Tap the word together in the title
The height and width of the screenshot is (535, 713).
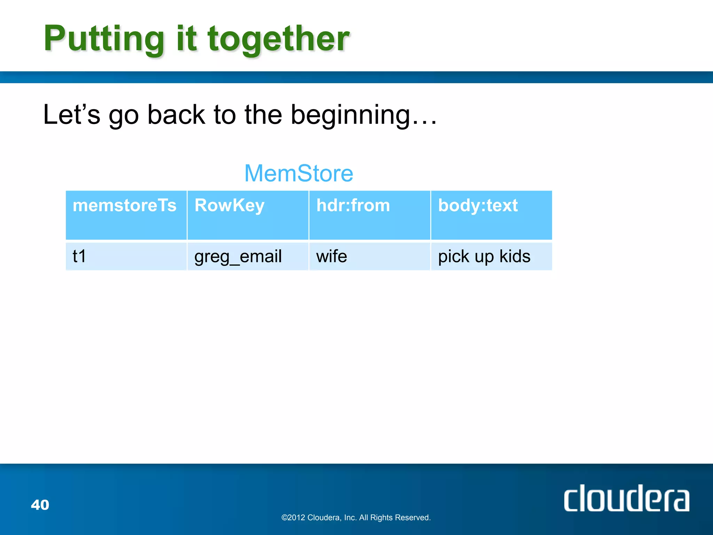coord(279,39)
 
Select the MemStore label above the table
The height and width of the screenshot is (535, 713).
coord(299,173)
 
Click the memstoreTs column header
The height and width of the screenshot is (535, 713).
coord(125,205)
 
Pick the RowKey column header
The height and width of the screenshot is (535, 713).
coord(229,205)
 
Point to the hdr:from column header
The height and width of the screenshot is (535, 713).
coord(353,205)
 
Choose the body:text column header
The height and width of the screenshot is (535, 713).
coord(478,205)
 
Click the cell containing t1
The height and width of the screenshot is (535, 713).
coord(79,256)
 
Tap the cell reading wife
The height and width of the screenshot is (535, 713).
coord(331,256)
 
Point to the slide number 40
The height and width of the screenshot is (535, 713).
coord(40,505)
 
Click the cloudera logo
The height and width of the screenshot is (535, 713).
coord(626,498)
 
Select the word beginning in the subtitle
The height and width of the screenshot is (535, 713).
coord(351,115)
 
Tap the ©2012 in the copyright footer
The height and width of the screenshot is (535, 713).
coord(293,518)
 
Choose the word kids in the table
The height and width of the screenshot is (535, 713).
coord(515,256)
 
